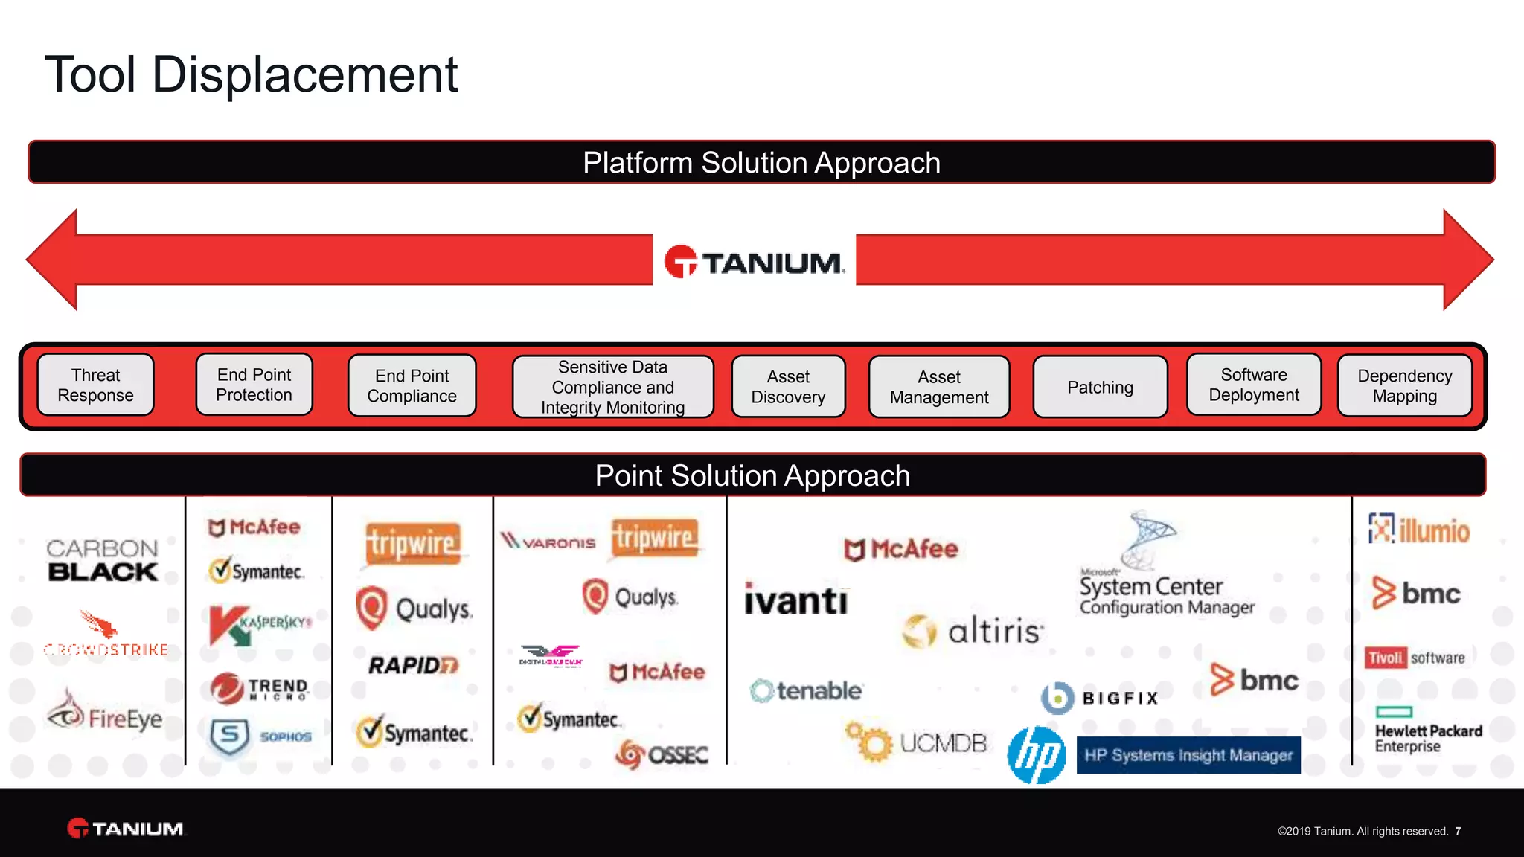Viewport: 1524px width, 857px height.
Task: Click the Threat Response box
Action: tap(95, 385)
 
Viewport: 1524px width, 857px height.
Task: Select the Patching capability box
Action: tap(1100, 387)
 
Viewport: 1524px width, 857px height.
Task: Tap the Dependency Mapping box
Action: tap(1404, 385)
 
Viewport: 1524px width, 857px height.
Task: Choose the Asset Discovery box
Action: tap(788, 387)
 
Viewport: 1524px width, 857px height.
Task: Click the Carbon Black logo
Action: tap(103, 560)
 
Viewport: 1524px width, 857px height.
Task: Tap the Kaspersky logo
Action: tap(259, 623)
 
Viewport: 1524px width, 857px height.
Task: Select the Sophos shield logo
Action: tap(230, 736)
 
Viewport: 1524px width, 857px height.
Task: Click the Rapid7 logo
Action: tap(413, 664)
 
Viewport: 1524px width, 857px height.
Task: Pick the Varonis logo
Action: tap(548, 542)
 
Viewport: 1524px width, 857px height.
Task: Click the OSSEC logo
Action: tap(662, 754)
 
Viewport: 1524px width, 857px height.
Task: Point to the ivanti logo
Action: tap(795, 600)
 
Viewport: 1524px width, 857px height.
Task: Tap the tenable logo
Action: tap(806, 691)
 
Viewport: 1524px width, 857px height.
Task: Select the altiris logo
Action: tap(973, 631)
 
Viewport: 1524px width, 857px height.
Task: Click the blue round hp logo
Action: tap(1037, 755)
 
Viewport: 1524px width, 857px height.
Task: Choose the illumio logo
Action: tap(1419, 530)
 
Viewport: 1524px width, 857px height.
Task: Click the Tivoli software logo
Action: tap(1415, 658)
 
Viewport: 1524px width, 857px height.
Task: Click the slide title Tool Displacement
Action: tap(252, 74)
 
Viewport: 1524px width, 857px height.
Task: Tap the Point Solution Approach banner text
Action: tap(752, 475)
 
